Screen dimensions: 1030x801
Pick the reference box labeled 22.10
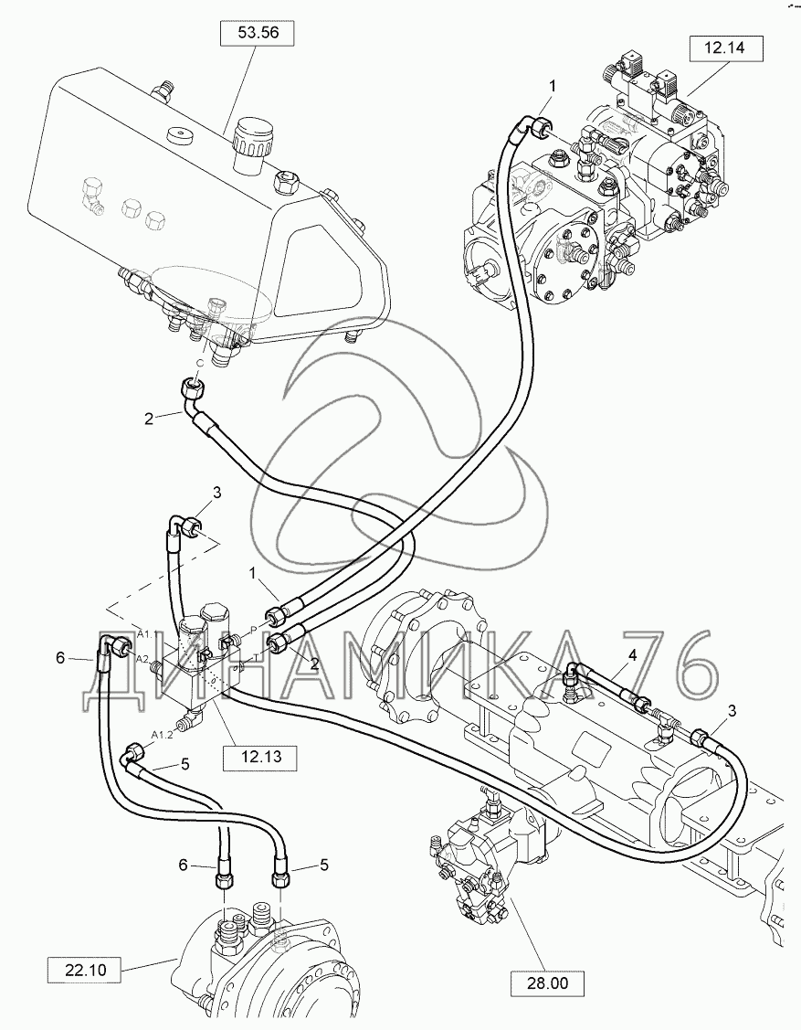point(83,968)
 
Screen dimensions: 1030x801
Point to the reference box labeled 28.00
point(547,983)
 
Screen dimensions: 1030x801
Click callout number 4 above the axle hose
point(631,653)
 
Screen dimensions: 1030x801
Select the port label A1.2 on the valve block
point(163,734)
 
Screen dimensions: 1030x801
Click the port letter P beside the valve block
point(253,630)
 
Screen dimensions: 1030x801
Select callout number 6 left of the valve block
point(60,658)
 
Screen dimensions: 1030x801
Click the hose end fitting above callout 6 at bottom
point(222,878)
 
